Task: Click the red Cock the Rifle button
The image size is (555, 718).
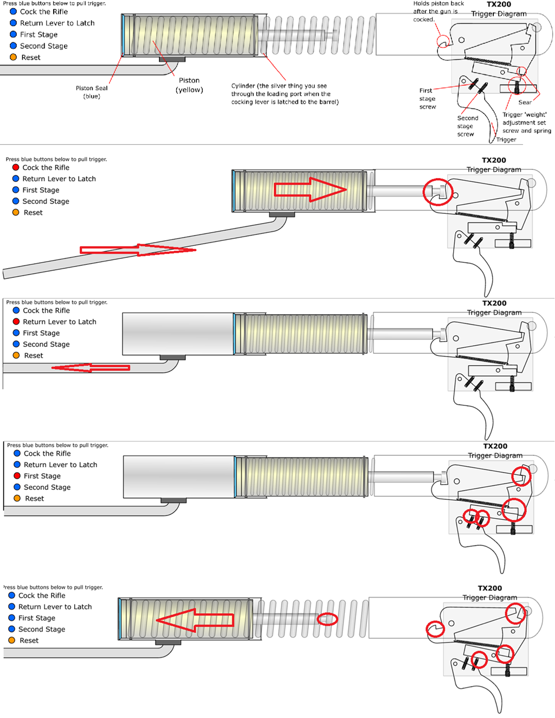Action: [x=16, y=167]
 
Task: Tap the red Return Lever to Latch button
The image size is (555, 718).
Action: [x=16, y=321]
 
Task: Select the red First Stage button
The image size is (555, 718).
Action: [x=17, y=475]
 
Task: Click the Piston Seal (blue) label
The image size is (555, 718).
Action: [x=92, y=92]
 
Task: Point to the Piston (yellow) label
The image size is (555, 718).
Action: [x=189, y=85]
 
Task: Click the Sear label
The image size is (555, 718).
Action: [x=525, y=102]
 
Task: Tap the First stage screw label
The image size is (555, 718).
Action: [x=427, y=99]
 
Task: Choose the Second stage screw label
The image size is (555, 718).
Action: [x=467, y=126]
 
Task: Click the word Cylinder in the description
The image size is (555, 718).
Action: [x=243, y=86]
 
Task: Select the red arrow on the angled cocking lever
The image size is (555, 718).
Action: [x=138, y=250]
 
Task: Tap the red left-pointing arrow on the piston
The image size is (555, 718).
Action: [x=195, y=620]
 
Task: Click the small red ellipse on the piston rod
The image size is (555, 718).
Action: [x=327, y=619]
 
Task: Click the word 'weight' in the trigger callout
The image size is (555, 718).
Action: [x=535, y=115]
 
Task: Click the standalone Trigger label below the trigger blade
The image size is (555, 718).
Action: [x=506, y=139]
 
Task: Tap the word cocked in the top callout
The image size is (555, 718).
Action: [x=423, y=20]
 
